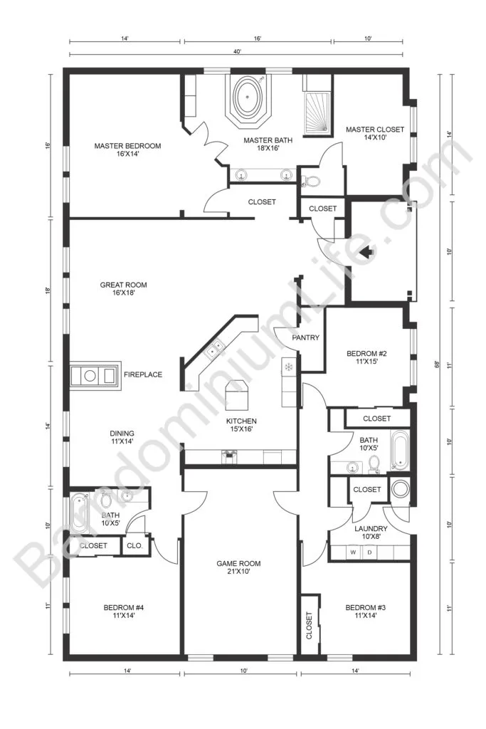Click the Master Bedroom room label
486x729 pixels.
(x=127, y=150)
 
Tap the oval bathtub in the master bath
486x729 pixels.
(x=247, y=97)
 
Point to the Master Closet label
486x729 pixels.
(x=375, y=133)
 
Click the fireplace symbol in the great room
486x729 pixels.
(x=95, y=375)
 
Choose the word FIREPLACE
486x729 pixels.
(x=143, y=374)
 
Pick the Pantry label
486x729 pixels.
(x=306, y=337)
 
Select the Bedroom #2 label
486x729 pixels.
(x=366, y=357)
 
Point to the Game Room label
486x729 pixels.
(x=239, y=567)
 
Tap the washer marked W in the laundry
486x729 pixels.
(x=354, y=552)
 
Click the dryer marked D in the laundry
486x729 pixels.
(x=370, y=552)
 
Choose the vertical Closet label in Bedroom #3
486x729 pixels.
(x=310, y=625)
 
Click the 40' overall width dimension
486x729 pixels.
(x=238, y=52)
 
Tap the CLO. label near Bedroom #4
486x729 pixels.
(x=134, y=545)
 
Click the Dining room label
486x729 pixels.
(x=122, y=438)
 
